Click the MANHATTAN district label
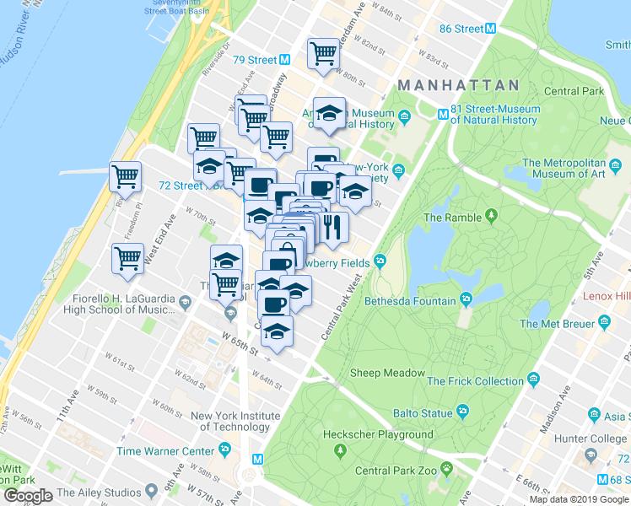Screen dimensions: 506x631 [457, 85]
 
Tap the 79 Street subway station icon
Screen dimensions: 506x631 [285, 60]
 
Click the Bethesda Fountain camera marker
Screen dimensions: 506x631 [466, 300]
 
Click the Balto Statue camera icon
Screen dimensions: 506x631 [462, 412]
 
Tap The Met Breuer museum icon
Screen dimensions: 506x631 [604, 323]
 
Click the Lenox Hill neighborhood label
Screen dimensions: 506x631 [607, 298]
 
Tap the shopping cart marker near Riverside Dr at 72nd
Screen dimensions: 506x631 [126, 176]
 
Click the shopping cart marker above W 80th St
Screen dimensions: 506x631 [323, 53]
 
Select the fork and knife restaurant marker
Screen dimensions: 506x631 [332, 226]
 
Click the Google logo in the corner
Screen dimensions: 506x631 [28, 496]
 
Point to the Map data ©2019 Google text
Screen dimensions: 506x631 [580, 499]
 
